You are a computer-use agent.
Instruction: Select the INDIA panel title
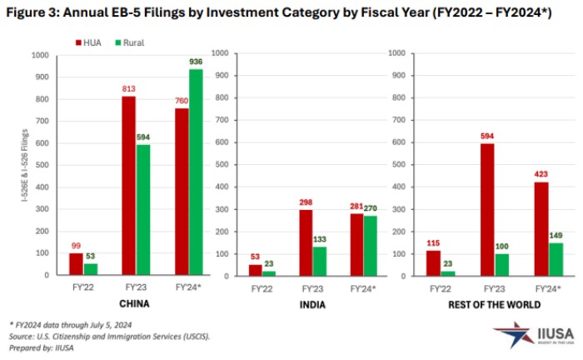click(313, 305)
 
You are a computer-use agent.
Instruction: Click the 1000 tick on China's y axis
click(40, 55)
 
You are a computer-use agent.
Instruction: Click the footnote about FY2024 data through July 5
click(70, 324)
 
